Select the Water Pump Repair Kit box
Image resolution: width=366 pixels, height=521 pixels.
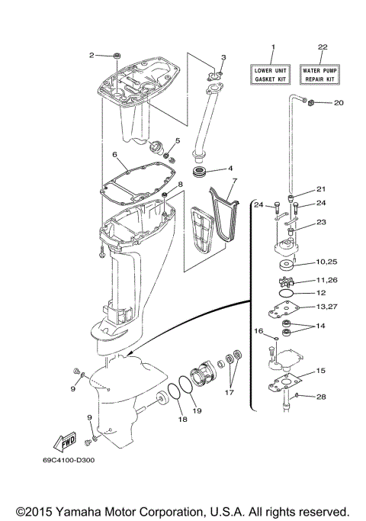[321, 74]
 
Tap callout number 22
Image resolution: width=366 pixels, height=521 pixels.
[322, 47]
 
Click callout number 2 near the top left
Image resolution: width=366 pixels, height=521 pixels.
[92, 55]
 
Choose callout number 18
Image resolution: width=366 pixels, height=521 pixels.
[181, 419]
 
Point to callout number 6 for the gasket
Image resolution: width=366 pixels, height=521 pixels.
[114, 154]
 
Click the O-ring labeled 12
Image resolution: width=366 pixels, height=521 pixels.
[285, 293]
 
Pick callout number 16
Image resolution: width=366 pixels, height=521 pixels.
[258, 331]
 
